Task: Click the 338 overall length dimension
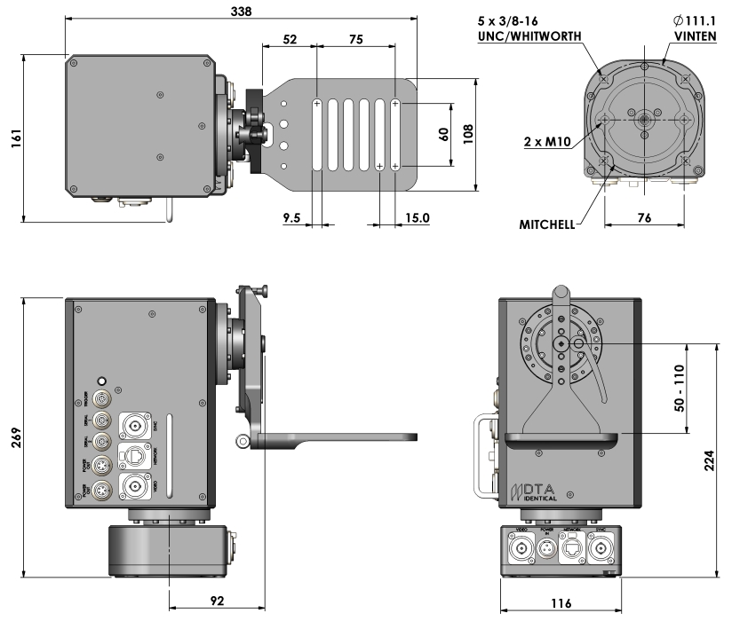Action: coord(240,12)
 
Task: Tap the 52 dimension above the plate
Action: coord(289,40)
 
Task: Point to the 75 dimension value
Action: coord(355,40)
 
